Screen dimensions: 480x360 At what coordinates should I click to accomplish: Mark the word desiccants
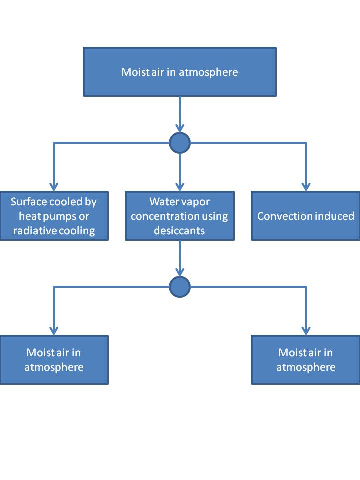pyautogui.click(x=179, y=231)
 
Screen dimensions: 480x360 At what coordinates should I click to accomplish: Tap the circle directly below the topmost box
pyautogui.click(x=180, y=144)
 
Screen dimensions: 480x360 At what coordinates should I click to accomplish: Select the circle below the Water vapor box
pyautogui.click(x=180, y=287)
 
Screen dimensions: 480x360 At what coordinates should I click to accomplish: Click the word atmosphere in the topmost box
pyautogui.click(x=210, y=72)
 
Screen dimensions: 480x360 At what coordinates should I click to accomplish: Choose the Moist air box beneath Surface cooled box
pyautogui.click(x=54, y=360)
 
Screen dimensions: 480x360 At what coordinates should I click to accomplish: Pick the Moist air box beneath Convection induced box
pyautogui.click(x=306, y=360)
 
